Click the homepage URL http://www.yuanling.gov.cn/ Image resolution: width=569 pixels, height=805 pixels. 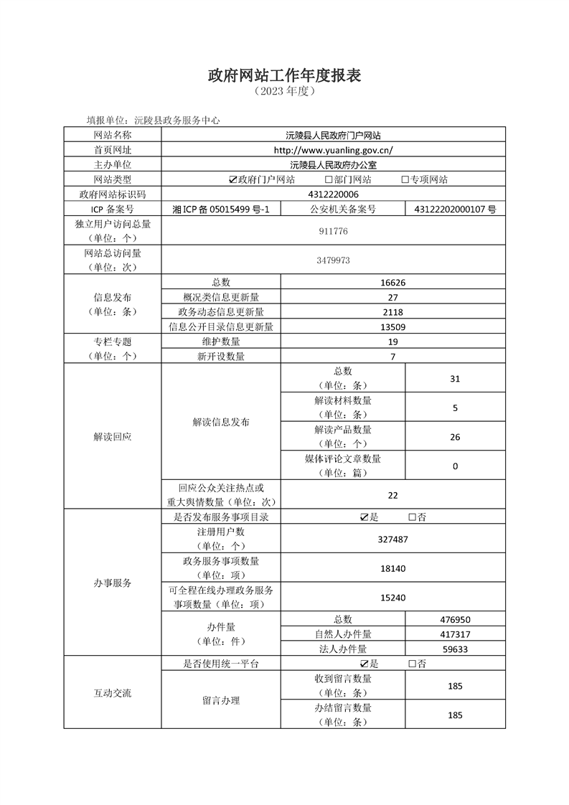[x=334, y=150]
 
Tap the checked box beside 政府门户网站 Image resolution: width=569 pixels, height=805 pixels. [x=232, y=179]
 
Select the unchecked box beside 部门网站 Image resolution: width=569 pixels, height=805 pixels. [x=329, y=179]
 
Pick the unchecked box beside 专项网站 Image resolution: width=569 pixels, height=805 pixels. [x=405, y=179]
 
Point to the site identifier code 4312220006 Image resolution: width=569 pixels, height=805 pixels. [x=334, y=194]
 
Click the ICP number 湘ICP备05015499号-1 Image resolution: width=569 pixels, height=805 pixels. [x=221, y=210]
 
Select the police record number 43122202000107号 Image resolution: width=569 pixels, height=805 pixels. [x=455, y=210]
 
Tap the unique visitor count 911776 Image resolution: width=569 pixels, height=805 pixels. [x=334, y=232]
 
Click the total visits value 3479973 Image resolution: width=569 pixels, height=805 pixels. [x=334, y=260]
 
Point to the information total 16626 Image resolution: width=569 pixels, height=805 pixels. [x=393, y=283]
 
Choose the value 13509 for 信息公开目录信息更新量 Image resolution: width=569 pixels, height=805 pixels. [x=393, y=326]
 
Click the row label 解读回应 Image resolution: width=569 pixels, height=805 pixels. [x=113, y=437]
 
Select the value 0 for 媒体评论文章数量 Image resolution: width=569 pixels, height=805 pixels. [x=455, y=466]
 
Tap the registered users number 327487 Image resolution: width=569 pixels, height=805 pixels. [x=393, y=540]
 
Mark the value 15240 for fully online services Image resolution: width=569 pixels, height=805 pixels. [x=393, y=597]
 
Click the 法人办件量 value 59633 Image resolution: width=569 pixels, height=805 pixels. [x=455, y=649]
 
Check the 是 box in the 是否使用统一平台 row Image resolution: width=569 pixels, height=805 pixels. [x=365, y=664]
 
